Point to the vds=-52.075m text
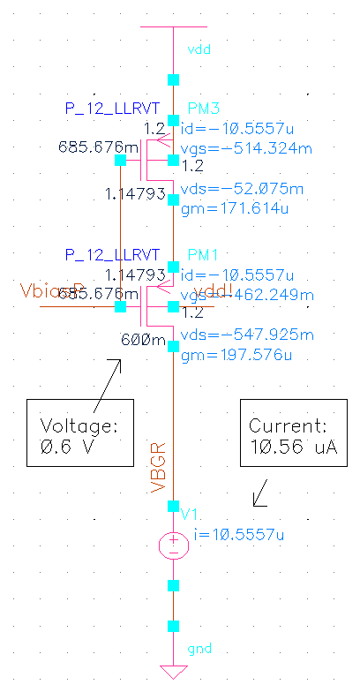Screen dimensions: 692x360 [242, 189]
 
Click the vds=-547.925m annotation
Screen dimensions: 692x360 [246, 335]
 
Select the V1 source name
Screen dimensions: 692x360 [189, 515]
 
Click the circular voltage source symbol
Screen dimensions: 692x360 [173, 544]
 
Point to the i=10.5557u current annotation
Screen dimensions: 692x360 [236, 534]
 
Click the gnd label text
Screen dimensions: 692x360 [199, 650]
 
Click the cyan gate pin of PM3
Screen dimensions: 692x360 [120, 160]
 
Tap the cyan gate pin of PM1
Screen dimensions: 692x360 [120, 306]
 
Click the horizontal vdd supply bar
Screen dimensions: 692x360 [173, 27]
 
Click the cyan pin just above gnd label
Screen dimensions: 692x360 [173, 627]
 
